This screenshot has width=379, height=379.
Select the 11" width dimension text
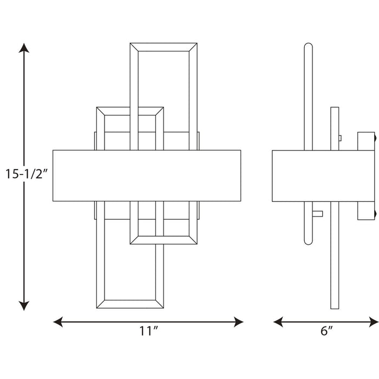[x=147, y=331]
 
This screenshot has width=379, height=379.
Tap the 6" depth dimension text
[x=325, y=331]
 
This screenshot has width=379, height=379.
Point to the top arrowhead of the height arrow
[x=23, y=48]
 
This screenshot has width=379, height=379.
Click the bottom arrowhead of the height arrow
[x=23, y=306]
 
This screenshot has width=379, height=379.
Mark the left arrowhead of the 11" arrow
[x=57, y=322]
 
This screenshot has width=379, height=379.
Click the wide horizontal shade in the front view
[x=147, y=175]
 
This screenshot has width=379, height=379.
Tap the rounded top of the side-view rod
[x=308, y=45]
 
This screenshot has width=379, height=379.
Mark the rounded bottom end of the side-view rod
[x=308, y=243]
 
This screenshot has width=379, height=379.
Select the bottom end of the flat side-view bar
[x=335, y=307]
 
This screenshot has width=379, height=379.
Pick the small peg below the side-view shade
[x=317, y=213]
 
